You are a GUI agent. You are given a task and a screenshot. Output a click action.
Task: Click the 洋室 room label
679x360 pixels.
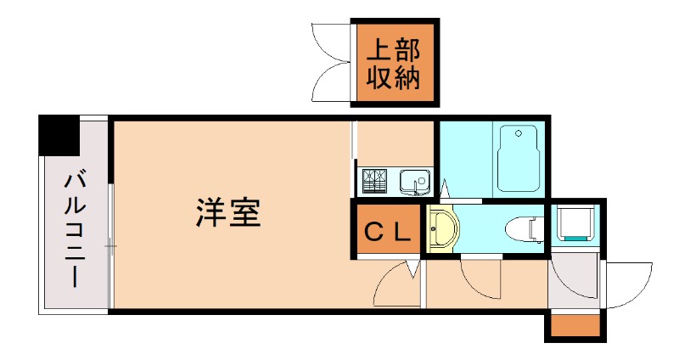pyautogui.click(x=227, y=212)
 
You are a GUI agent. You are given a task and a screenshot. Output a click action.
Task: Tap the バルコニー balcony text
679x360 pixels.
pyautogui.click(x=75, y=229)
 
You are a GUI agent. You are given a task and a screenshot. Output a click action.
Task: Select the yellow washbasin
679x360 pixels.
pyautogui.click(x=443, y=230)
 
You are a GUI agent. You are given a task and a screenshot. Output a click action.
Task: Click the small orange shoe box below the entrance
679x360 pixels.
pyautogui.click(x=575, y=326)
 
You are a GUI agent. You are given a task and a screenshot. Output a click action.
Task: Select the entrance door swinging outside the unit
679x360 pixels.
pyautogui.click(x=627, y=285)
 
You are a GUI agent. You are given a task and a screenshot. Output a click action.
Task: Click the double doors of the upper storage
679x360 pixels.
pyautogui.click(x=334, y=64)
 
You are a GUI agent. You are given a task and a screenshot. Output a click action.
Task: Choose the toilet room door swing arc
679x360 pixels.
pyautogui.click(x=480, y=276)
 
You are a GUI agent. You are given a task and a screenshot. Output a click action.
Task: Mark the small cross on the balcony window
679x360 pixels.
pyautogui.click(x=110, y=247)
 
